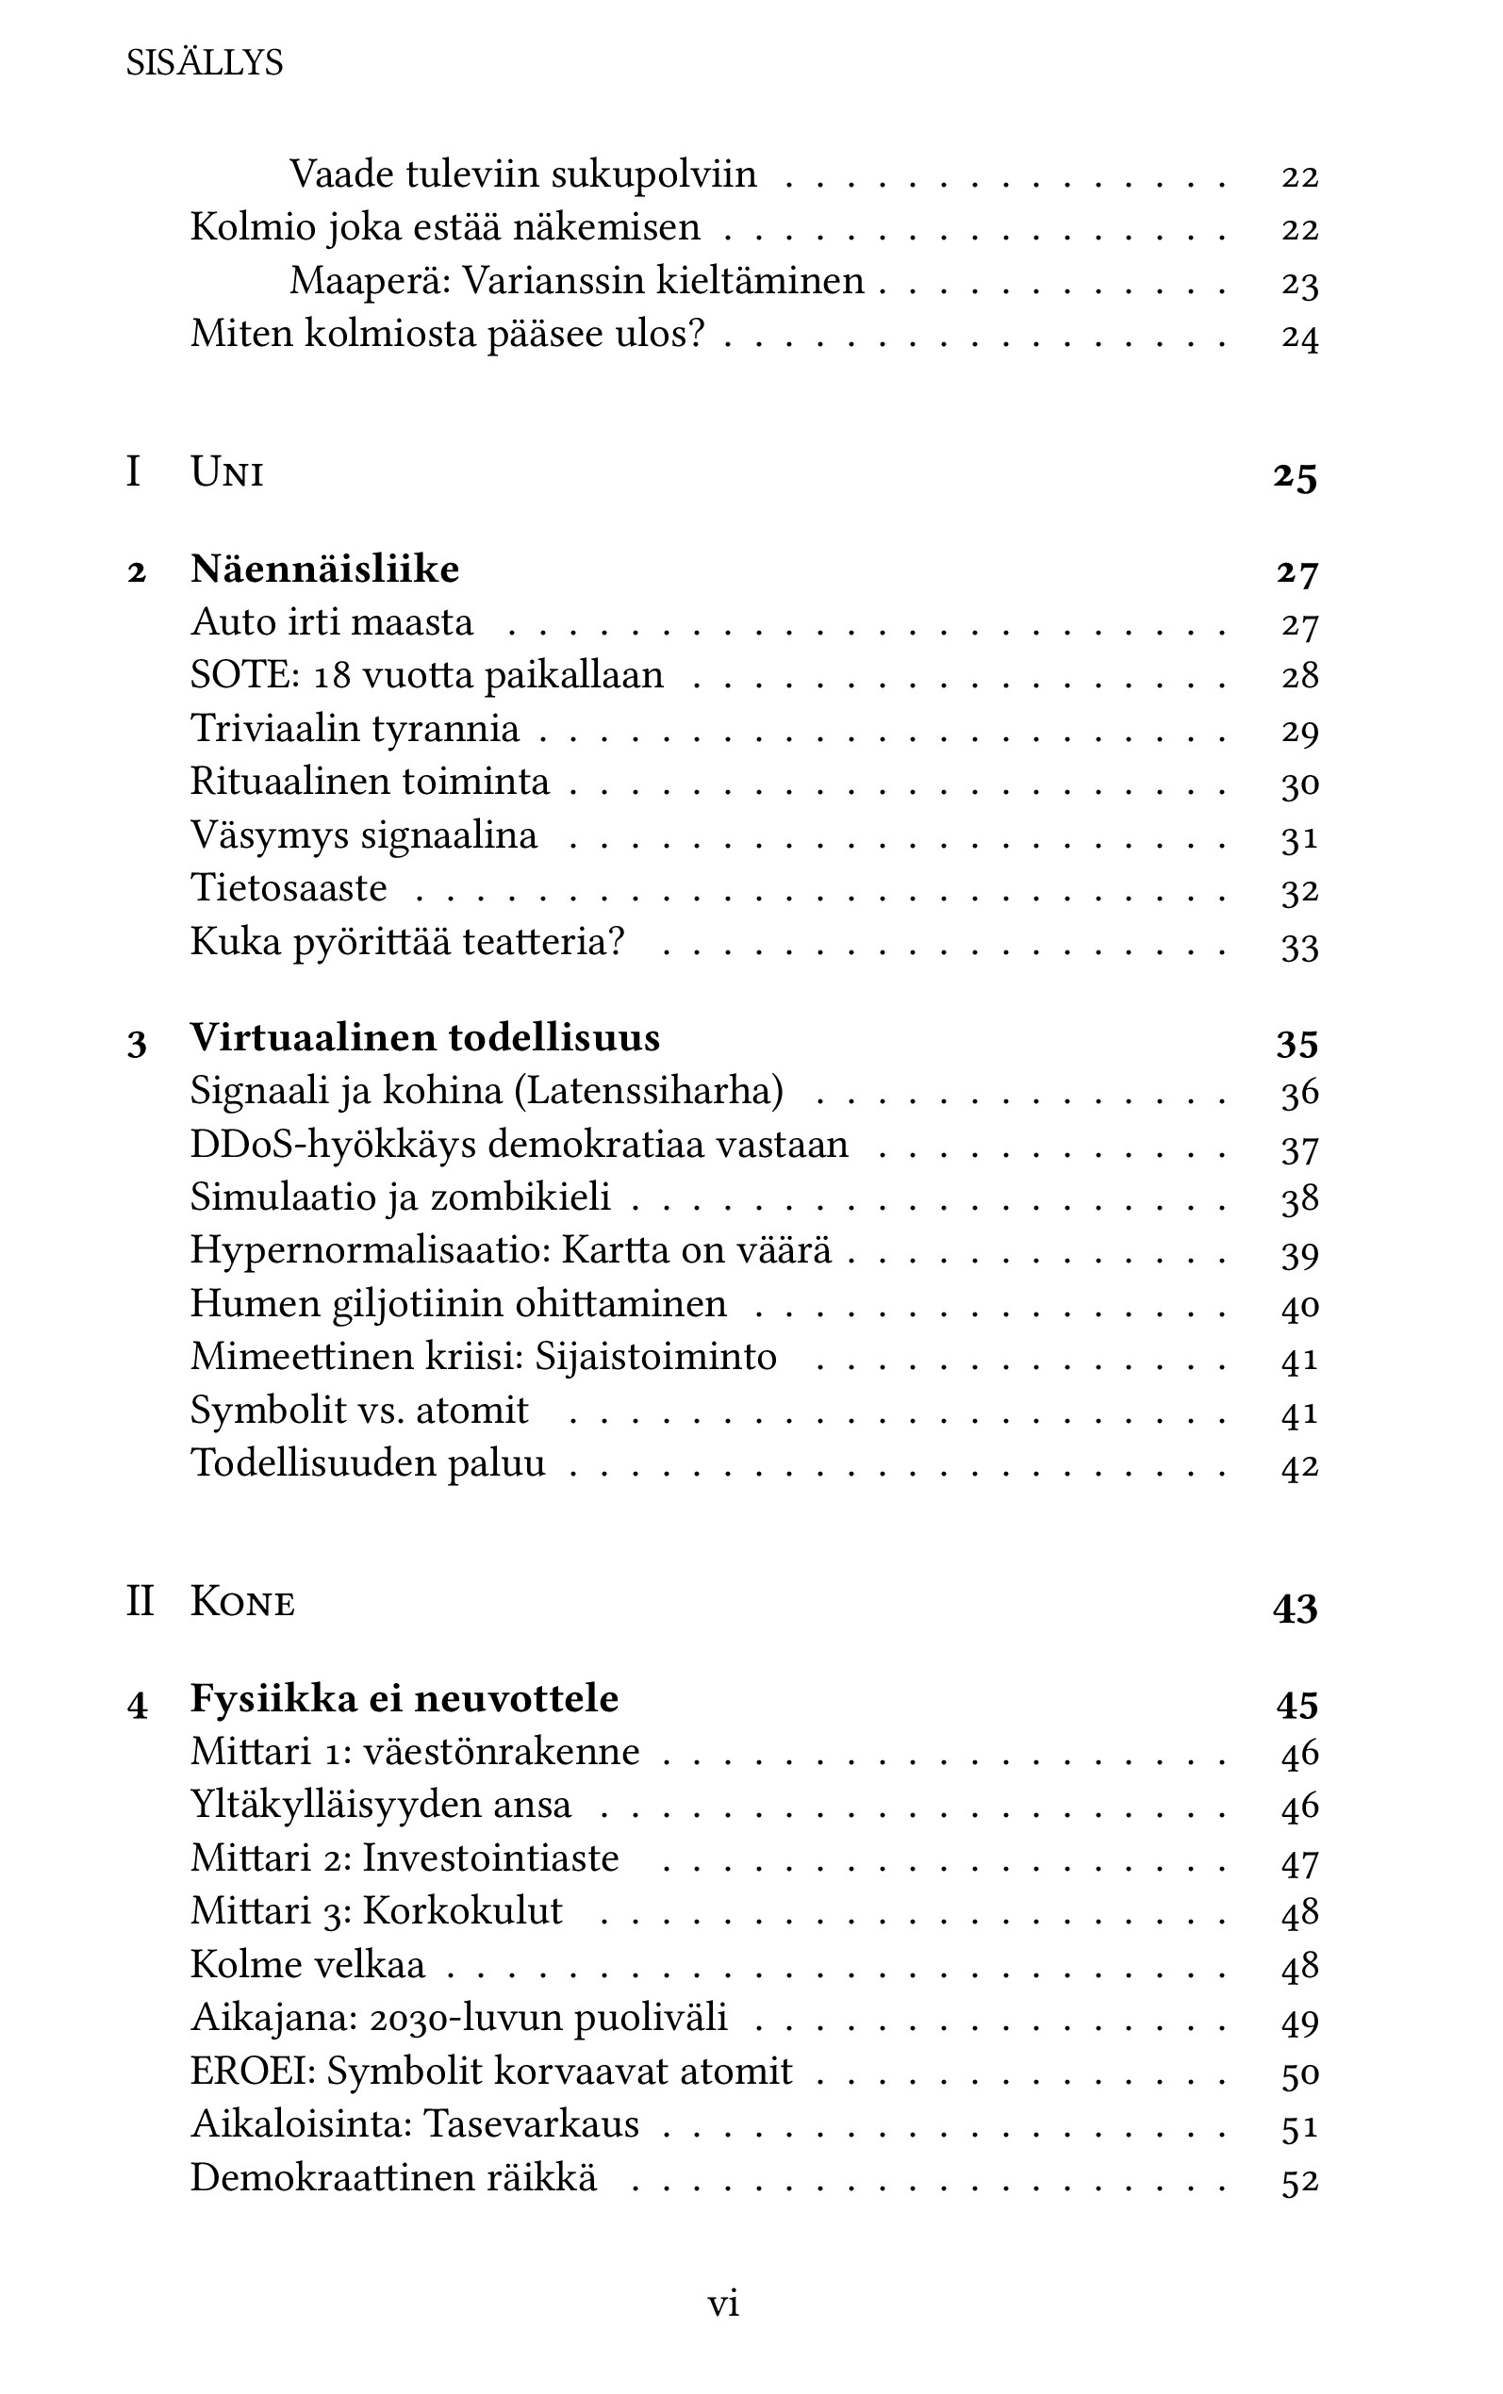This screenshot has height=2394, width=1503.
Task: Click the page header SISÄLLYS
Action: [205, 63]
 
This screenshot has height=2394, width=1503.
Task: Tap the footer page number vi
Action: [722, 2303]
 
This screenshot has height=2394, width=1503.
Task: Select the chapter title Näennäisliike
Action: [325, 570]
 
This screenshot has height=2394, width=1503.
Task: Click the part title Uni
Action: [226, 472]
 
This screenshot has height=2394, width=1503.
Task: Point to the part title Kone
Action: [242, 1603]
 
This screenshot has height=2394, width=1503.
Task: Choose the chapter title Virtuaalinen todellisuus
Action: [425, 1038]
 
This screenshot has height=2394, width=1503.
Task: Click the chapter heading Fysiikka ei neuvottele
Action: [405, 1698]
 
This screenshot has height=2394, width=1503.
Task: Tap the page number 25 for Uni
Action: [1295, 476]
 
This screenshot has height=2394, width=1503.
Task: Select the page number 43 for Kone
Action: [1295, 1607]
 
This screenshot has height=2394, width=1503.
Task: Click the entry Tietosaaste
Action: [289, 888]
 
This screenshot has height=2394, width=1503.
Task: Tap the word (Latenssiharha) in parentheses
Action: [649, 1092]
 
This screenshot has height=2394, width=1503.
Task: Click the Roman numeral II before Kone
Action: [140, 1603]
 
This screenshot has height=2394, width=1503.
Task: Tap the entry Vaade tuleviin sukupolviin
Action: [523, 174]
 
